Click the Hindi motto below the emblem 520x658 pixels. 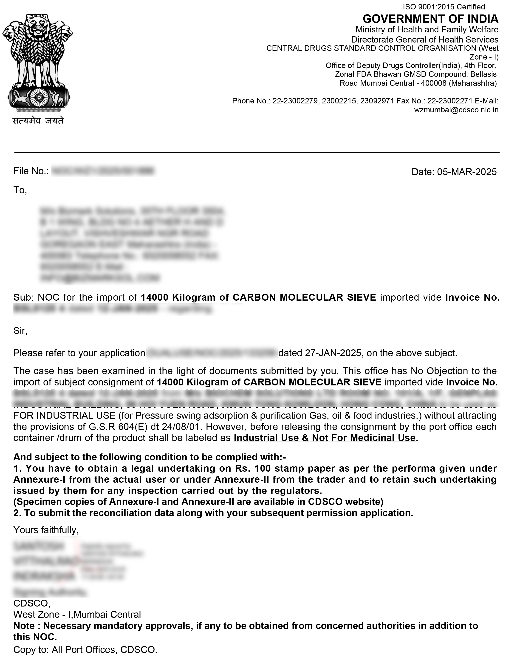tap(38, 121)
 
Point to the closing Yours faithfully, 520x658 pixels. tap(46, 530)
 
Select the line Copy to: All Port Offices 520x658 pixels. tap(85, 650)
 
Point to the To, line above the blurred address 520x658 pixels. tap(20, 190)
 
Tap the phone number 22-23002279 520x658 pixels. tap(295, 101)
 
